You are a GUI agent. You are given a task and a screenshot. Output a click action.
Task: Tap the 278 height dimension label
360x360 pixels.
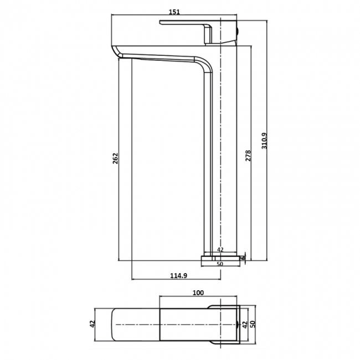[x=248, y=156]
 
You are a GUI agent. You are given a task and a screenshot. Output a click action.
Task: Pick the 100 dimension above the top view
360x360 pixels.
[x=198, y=292]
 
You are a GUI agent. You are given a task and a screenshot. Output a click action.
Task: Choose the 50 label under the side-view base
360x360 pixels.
[x=219, y=264]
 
